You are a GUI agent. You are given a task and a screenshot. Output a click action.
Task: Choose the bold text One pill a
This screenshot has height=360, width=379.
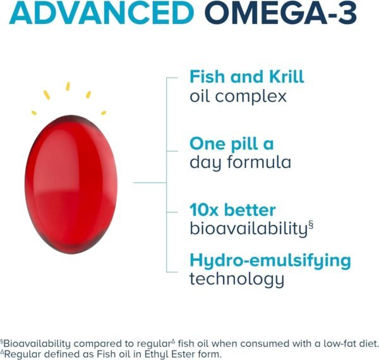(x=232, y=143)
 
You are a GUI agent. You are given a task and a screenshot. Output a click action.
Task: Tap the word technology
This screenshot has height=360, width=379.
(x=237, y=279)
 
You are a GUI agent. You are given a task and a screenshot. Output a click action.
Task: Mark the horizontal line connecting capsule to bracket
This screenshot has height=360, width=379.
(x=150, y=183)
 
